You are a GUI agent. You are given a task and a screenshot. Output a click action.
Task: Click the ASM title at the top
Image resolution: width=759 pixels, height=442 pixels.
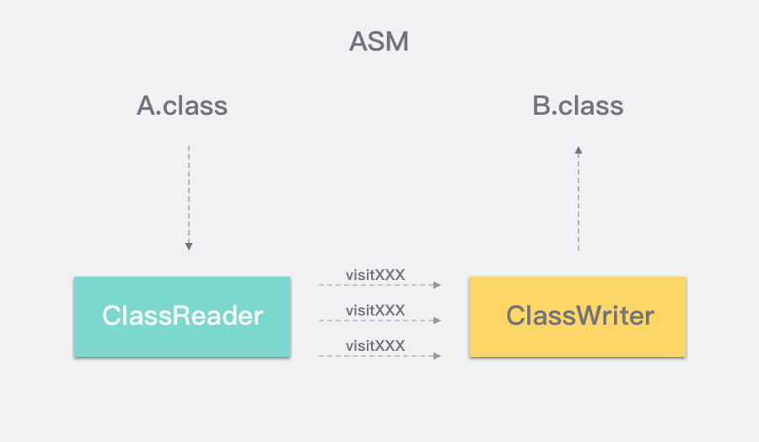pyautogui.click(x=379, y=41)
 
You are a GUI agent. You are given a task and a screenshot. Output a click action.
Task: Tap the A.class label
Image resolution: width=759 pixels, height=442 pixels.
pyautogui.click(x=182, y=105)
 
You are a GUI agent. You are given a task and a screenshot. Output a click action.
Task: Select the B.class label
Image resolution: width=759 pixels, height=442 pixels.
pyautogui.click(x=578, y=105)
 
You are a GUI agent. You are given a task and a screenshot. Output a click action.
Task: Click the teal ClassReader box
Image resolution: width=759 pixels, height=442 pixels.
pyautogui.click(x=182, y=316)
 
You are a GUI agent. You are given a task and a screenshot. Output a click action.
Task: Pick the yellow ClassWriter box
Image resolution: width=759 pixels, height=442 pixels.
pyautogui.click(x=578, y=316)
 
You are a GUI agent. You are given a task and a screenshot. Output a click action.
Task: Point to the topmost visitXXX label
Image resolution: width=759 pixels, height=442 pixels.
pyautogui.click(x=375, y=275)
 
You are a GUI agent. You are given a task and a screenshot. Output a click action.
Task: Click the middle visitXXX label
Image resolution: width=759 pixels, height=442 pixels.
pyautogui.click(x=375, y=310)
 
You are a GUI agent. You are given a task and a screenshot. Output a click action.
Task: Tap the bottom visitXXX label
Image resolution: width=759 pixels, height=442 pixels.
pyautogui.click(x=375, y=346)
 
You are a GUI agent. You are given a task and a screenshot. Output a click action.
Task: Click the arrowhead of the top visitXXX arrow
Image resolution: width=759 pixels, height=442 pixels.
pyautogui.click(x=437, y=285)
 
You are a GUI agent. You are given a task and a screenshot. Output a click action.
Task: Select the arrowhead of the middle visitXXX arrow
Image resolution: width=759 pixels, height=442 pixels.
pyautogui.click(x=437, y=321)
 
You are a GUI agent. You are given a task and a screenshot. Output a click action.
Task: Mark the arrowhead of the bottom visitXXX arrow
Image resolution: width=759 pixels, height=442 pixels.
pyautogui.click(x=437, y=356)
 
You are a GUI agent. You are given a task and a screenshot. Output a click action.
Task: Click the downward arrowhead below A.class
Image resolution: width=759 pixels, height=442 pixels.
pyautogui.click(x=189, y=246)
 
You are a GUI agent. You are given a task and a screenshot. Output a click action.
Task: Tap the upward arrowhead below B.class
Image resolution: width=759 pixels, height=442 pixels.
pyautogui.click(x=579, y=150)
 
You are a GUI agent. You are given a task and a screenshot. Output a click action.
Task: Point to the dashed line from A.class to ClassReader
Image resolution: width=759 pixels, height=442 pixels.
pyautogui.click(x=189, y=198)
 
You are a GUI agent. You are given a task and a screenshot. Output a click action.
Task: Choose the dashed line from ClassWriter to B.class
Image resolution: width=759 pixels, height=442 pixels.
pyautogui.click(x=579, y=198)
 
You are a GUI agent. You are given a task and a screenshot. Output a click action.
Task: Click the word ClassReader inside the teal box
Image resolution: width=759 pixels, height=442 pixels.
pyautogui.click(x=182, y=315)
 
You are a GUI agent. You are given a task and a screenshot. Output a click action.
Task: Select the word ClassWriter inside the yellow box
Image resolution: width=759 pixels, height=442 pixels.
pyautogui.click(x=580, y=315)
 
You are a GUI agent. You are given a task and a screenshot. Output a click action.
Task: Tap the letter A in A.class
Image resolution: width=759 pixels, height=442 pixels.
pyautogui.click(x=147, y=105)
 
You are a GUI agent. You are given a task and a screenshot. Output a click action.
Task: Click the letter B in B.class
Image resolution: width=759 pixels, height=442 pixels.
pyautogui.click(x=541, y=105)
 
